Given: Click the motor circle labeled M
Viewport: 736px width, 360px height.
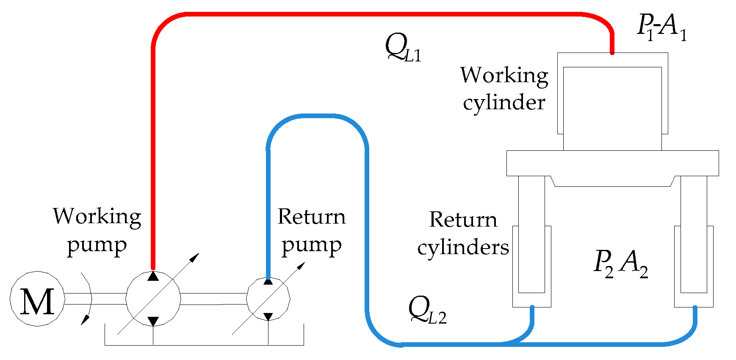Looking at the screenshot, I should point(37,299).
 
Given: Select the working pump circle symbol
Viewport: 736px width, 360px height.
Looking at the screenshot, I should point(153,299).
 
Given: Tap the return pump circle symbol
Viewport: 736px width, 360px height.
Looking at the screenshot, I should point(268,299).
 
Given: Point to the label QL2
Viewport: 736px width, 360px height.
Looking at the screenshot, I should point(427,311).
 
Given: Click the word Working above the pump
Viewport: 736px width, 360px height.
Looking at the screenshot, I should point(97,217).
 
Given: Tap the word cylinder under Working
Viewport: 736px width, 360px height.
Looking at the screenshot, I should point(504,103).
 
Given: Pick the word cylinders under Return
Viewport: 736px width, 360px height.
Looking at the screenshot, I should point(463,248).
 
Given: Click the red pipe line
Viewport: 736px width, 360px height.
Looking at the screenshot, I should point(381,14).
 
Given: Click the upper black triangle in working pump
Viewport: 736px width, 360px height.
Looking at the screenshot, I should point(153,277).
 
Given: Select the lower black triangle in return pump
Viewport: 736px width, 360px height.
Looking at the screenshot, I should point(268,316).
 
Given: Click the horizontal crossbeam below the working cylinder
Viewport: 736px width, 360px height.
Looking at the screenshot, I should point(612,163).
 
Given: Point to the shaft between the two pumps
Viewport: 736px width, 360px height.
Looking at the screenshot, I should point(214,299).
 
